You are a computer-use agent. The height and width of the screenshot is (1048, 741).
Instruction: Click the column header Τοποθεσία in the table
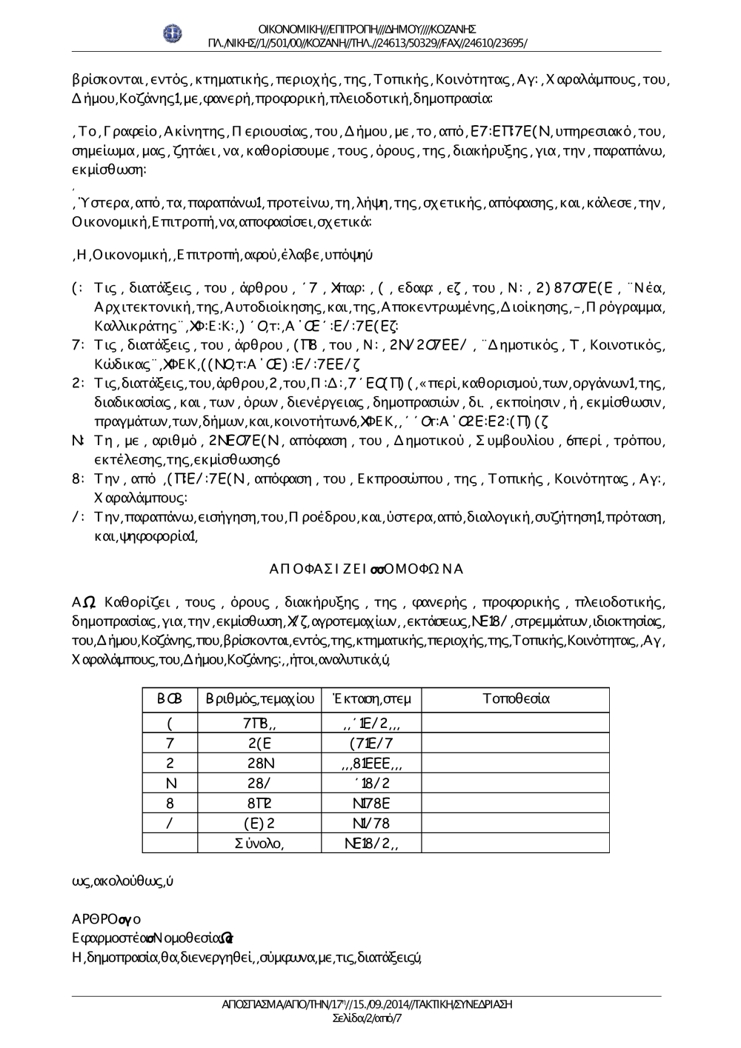(x=516, y=698)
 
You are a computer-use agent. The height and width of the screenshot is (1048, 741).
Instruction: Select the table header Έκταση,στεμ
(x=372, y=698)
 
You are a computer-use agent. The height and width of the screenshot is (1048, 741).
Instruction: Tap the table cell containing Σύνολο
(x=259, y=842)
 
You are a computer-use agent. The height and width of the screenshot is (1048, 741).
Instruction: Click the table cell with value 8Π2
(x=260, y=803)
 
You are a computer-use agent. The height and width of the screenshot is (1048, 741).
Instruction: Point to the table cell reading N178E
(x=372, y=803)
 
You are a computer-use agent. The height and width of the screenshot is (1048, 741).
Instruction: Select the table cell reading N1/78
(x=372, y=823)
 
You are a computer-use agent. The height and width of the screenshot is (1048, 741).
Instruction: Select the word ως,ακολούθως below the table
(x=119, y=882)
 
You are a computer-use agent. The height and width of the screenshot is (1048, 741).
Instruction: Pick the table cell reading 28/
(x=260, y=783)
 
